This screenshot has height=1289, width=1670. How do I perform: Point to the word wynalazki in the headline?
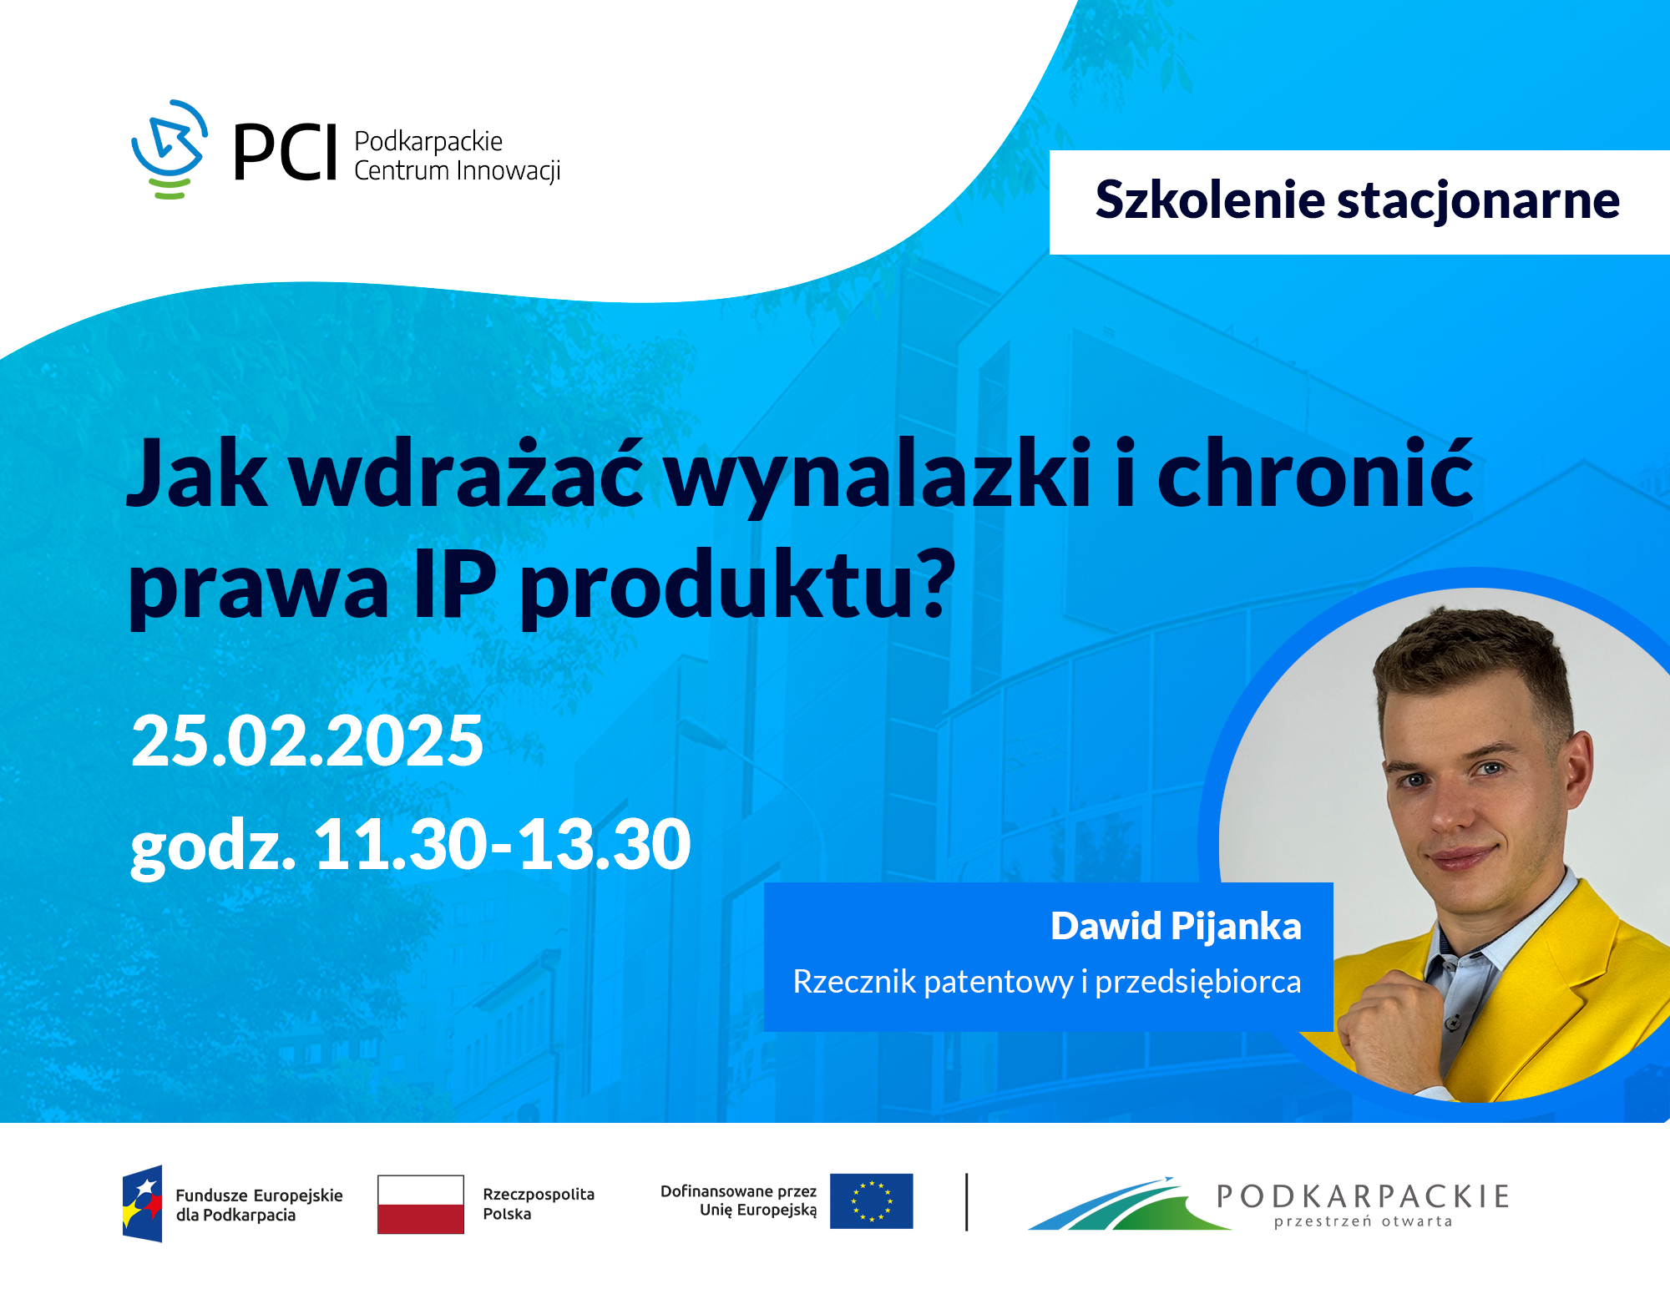[877, 476]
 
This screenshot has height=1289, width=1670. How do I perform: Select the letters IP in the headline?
[455, 584]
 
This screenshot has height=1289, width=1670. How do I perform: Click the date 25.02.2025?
[307, 741]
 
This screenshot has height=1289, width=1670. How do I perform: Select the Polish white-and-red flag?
[420, 1204]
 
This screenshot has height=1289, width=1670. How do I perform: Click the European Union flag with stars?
[871, 1201]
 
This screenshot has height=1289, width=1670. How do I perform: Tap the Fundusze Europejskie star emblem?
[143, 1203]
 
